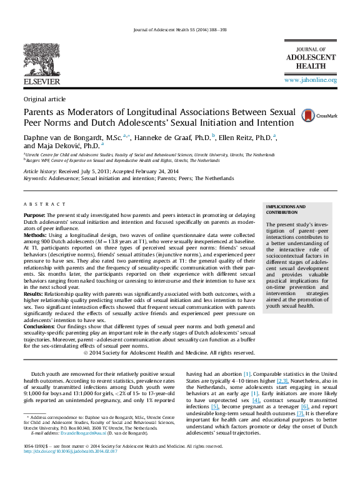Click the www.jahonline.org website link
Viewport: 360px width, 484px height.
point(311,81)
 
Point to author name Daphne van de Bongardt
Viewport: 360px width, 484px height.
point(61,136)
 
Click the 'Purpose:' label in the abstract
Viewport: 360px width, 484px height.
point(34,214)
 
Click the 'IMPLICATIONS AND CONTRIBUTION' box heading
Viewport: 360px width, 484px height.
point(286,209)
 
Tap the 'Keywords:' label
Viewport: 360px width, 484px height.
point(35,178)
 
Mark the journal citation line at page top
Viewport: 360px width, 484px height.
point(180,30)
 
